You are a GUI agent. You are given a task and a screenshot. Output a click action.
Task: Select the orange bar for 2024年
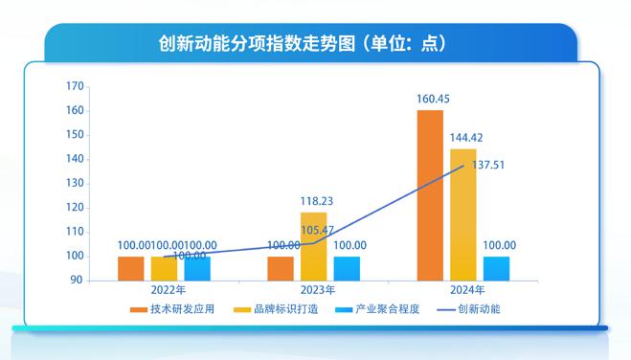tap(430, 195)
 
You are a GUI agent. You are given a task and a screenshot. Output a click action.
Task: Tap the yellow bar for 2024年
tap(463, 214)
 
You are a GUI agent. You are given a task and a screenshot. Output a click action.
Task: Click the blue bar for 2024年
tap(496, 268)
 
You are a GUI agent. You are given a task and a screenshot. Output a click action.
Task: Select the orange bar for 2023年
tap(281, 268)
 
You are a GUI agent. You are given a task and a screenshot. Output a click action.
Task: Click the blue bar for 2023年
tap(347, 268)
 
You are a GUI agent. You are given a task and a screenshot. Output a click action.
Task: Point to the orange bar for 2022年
tap(131, 268)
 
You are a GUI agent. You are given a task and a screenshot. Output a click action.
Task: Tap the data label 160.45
tap(431, 99)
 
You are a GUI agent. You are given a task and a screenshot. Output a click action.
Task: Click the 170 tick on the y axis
tap(73, 86)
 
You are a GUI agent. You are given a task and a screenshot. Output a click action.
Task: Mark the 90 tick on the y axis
tap(76, 281)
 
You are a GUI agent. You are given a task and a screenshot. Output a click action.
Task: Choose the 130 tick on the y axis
tap(73, 183)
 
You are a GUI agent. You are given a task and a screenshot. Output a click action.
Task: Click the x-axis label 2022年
tap(164, 289)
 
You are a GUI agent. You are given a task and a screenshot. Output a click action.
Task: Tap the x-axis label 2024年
tap(463, 289)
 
